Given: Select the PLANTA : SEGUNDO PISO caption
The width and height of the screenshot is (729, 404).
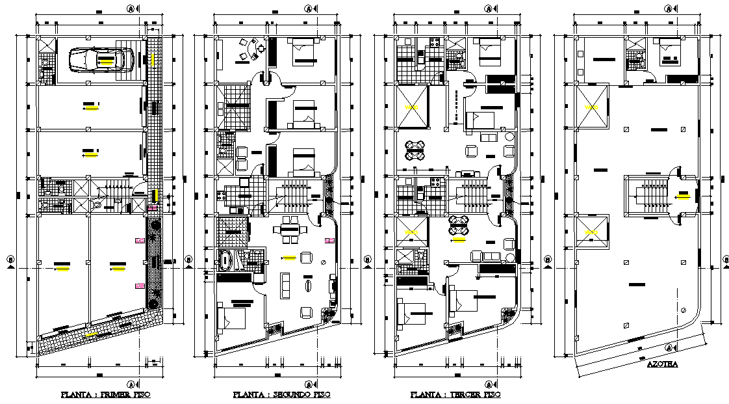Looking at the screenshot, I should tap(281, 395).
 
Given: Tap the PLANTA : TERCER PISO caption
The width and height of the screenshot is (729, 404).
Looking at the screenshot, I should tap(456, 395).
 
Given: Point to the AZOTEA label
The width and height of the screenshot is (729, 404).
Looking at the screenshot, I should tap(662, 364).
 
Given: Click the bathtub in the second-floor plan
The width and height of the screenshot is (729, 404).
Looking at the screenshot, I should tap(226, 260).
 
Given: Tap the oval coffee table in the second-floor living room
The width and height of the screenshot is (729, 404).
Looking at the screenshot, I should tap(307, 285).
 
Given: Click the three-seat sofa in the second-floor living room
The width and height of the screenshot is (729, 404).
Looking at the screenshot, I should tap(285, 285).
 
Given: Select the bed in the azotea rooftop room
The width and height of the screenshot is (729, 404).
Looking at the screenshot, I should tap(669, 52).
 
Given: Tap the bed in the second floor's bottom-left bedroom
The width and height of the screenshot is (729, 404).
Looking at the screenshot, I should tap(231, 319).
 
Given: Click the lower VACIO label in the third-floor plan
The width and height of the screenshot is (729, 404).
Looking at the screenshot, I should tap(412, 232).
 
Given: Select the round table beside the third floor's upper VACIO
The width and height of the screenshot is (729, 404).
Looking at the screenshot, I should tap(415, 150).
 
